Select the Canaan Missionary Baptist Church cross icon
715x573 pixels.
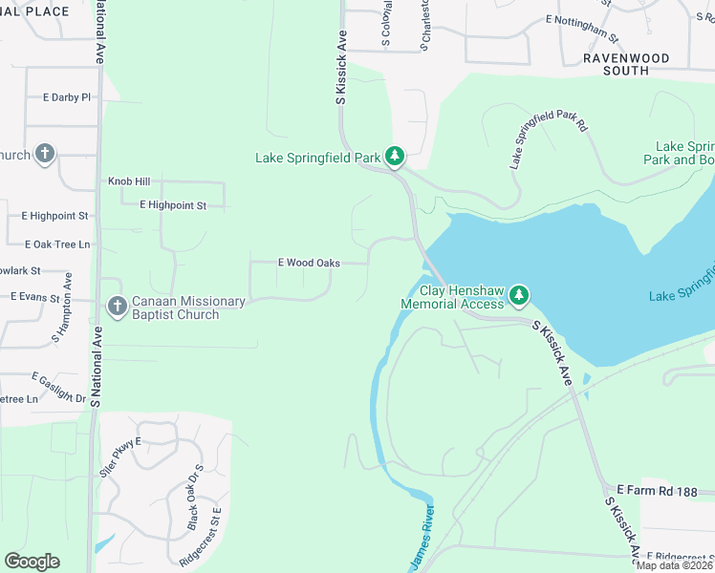(x=117, y=307)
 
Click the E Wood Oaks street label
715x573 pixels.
(x=309, y=263)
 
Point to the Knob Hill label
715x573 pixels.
(x=129, y=181)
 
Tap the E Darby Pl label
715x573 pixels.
(x=66, y=97)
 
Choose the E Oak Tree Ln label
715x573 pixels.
(x=57, y=244)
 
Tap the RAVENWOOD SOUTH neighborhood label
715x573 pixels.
(x=628, y=64)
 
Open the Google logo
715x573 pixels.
(x=32, y=562)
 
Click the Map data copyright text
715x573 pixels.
(x=673, y=565)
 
